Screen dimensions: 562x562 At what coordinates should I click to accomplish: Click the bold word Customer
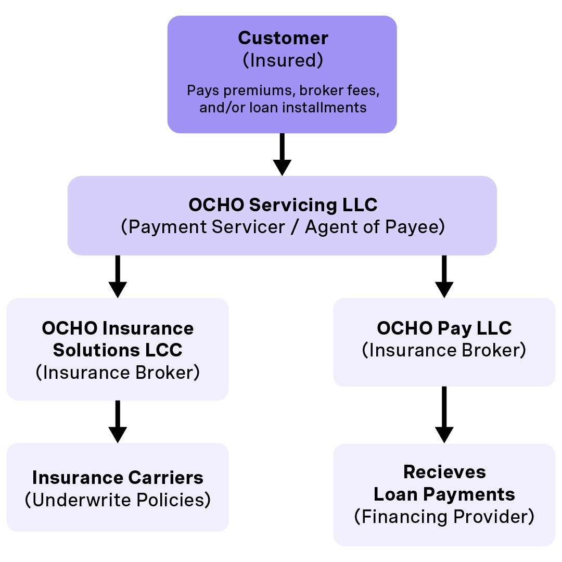coord(283,39)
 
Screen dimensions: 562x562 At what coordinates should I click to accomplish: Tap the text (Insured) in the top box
coord(283,60)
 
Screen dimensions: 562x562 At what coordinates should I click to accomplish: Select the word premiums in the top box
coord(248,91)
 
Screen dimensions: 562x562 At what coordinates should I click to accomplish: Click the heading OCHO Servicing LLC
coord(283,205)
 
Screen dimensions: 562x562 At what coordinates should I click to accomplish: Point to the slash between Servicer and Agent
coord(295,227)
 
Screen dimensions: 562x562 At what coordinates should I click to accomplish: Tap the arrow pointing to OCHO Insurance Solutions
coord(118,276)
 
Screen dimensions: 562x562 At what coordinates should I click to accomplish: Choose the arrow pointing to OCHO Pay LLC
coord(444,276)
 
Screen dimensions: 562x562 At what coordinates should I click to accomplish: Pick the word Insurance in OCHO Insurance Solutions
coord(149,328)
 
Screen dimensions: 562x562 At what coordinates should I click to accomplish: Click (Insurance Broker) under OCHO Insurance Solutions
coord(118,373)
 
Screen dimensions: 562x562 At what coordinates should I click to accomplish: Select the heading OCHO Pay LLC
coord(444,328)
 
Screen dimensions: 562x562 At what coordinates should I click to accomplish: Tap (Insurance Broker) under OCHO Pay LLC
coord(444,350)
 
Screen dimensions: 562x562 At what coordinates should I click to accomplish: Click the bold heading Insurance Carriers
coord(118,478)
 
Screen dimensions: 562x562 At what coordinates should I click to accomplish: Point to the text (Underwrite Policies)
coord(118,500)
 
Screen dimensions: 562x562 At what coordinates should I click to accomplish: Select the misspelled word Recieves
coord(444,472)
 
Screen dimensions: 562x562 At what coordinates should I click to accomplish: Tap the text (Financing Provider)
coord(444,517)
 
